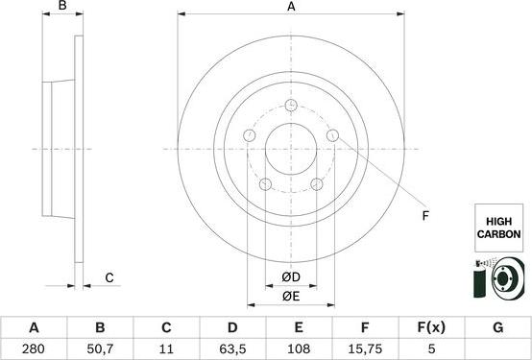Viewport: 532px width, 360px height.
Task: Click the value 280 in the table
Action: coord(34,348)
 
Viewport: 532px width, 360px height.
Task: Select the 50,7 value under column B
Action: coord(100,348)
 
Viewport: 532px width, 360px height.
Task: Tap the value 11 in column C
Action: coord(166,348)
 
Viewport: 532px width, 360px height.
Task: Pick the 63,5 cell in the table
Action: coord(232,348)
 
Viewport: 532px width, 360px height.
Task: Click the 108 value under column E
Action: coord(299,348)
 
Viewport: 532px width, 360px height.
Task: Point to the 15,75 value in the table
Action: coord(365,348)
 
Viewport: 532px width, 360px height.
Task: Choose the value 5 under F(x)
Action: coord(431,348)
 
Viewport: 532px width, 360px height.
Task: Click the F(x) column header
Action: coord(431,327)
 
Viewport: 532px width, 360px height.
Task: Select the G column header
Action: coord(497,327)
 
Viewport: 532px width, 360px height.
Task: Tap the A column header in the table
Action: coord(34,327)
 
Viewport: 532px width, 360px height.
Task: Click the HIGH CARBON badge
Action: coord(497,228)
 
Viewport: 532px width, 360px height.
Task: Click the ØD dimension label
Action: coord(290,278)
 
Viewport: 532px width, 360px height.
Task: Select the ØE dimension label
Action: coord(290,296)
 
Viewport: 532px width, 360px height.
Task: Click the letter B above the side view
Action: coord(62,9)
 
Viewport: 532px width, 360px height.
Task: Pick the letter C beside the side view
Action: coord(109,278)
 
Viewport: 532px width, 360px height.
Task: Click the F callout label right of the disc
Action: coord(423,215)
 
